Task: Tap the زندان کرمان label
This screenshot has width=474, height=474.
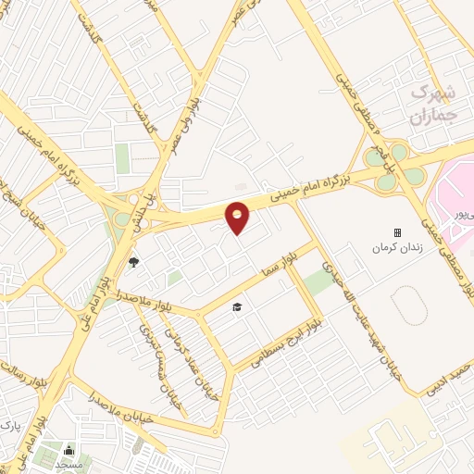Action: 397,248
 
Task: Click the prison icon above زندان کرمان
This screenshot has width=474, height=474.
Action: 397,232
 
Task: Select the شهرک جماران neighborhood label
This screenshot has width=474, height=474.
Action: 432,104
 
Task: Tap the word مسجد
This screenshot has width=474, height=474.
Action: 68,463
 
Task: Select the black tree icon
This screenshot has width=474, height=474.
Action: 133,262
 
